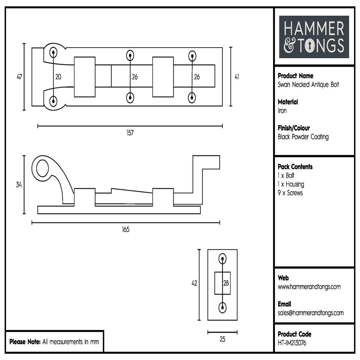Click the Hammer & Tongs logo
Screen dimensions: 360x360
pyautogui.click(x=314, y=37)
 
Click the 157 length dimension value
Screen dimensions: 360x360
pyautogui.click(x=130, y=133)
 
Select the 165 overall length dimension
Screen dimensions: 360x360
pyautogui.click(x=125, y=229)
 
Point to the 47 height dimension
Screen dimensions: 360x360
pyautogui.click(x=19, y=77)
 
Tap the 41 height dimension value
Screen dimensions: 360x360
pyautogui.click(x=237, y=77)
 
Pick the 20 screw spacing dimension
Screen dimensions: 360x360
pyautogui.click(x=58, y=77)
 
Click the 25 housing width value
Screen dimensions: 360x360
pyautogui.click(x=222, y=339)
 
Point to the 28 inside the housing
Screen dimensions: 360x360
pyautogui.click(x=226, y=283)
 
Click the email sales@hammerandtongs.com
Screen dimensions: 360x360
pyautogui.click(x=310, y=313)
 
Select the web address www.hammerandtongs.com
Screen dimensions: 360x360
pyautogui.click(x=309, y=287)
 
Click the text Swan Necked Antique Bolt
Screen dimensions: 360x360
pyautogui.click(x=308, y=84)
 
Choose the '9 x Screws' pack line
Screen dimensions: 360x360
pyautogui.click(x=290, y=193)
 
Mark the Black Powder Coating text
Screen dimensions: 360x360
pyautogui.click(x=303, y=137)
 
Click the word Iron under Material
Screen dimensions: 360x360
pyautogui.click(x=282, y=111)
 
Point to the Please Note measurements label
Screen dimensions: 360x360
pyautogui.click(x=54, y=342)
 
